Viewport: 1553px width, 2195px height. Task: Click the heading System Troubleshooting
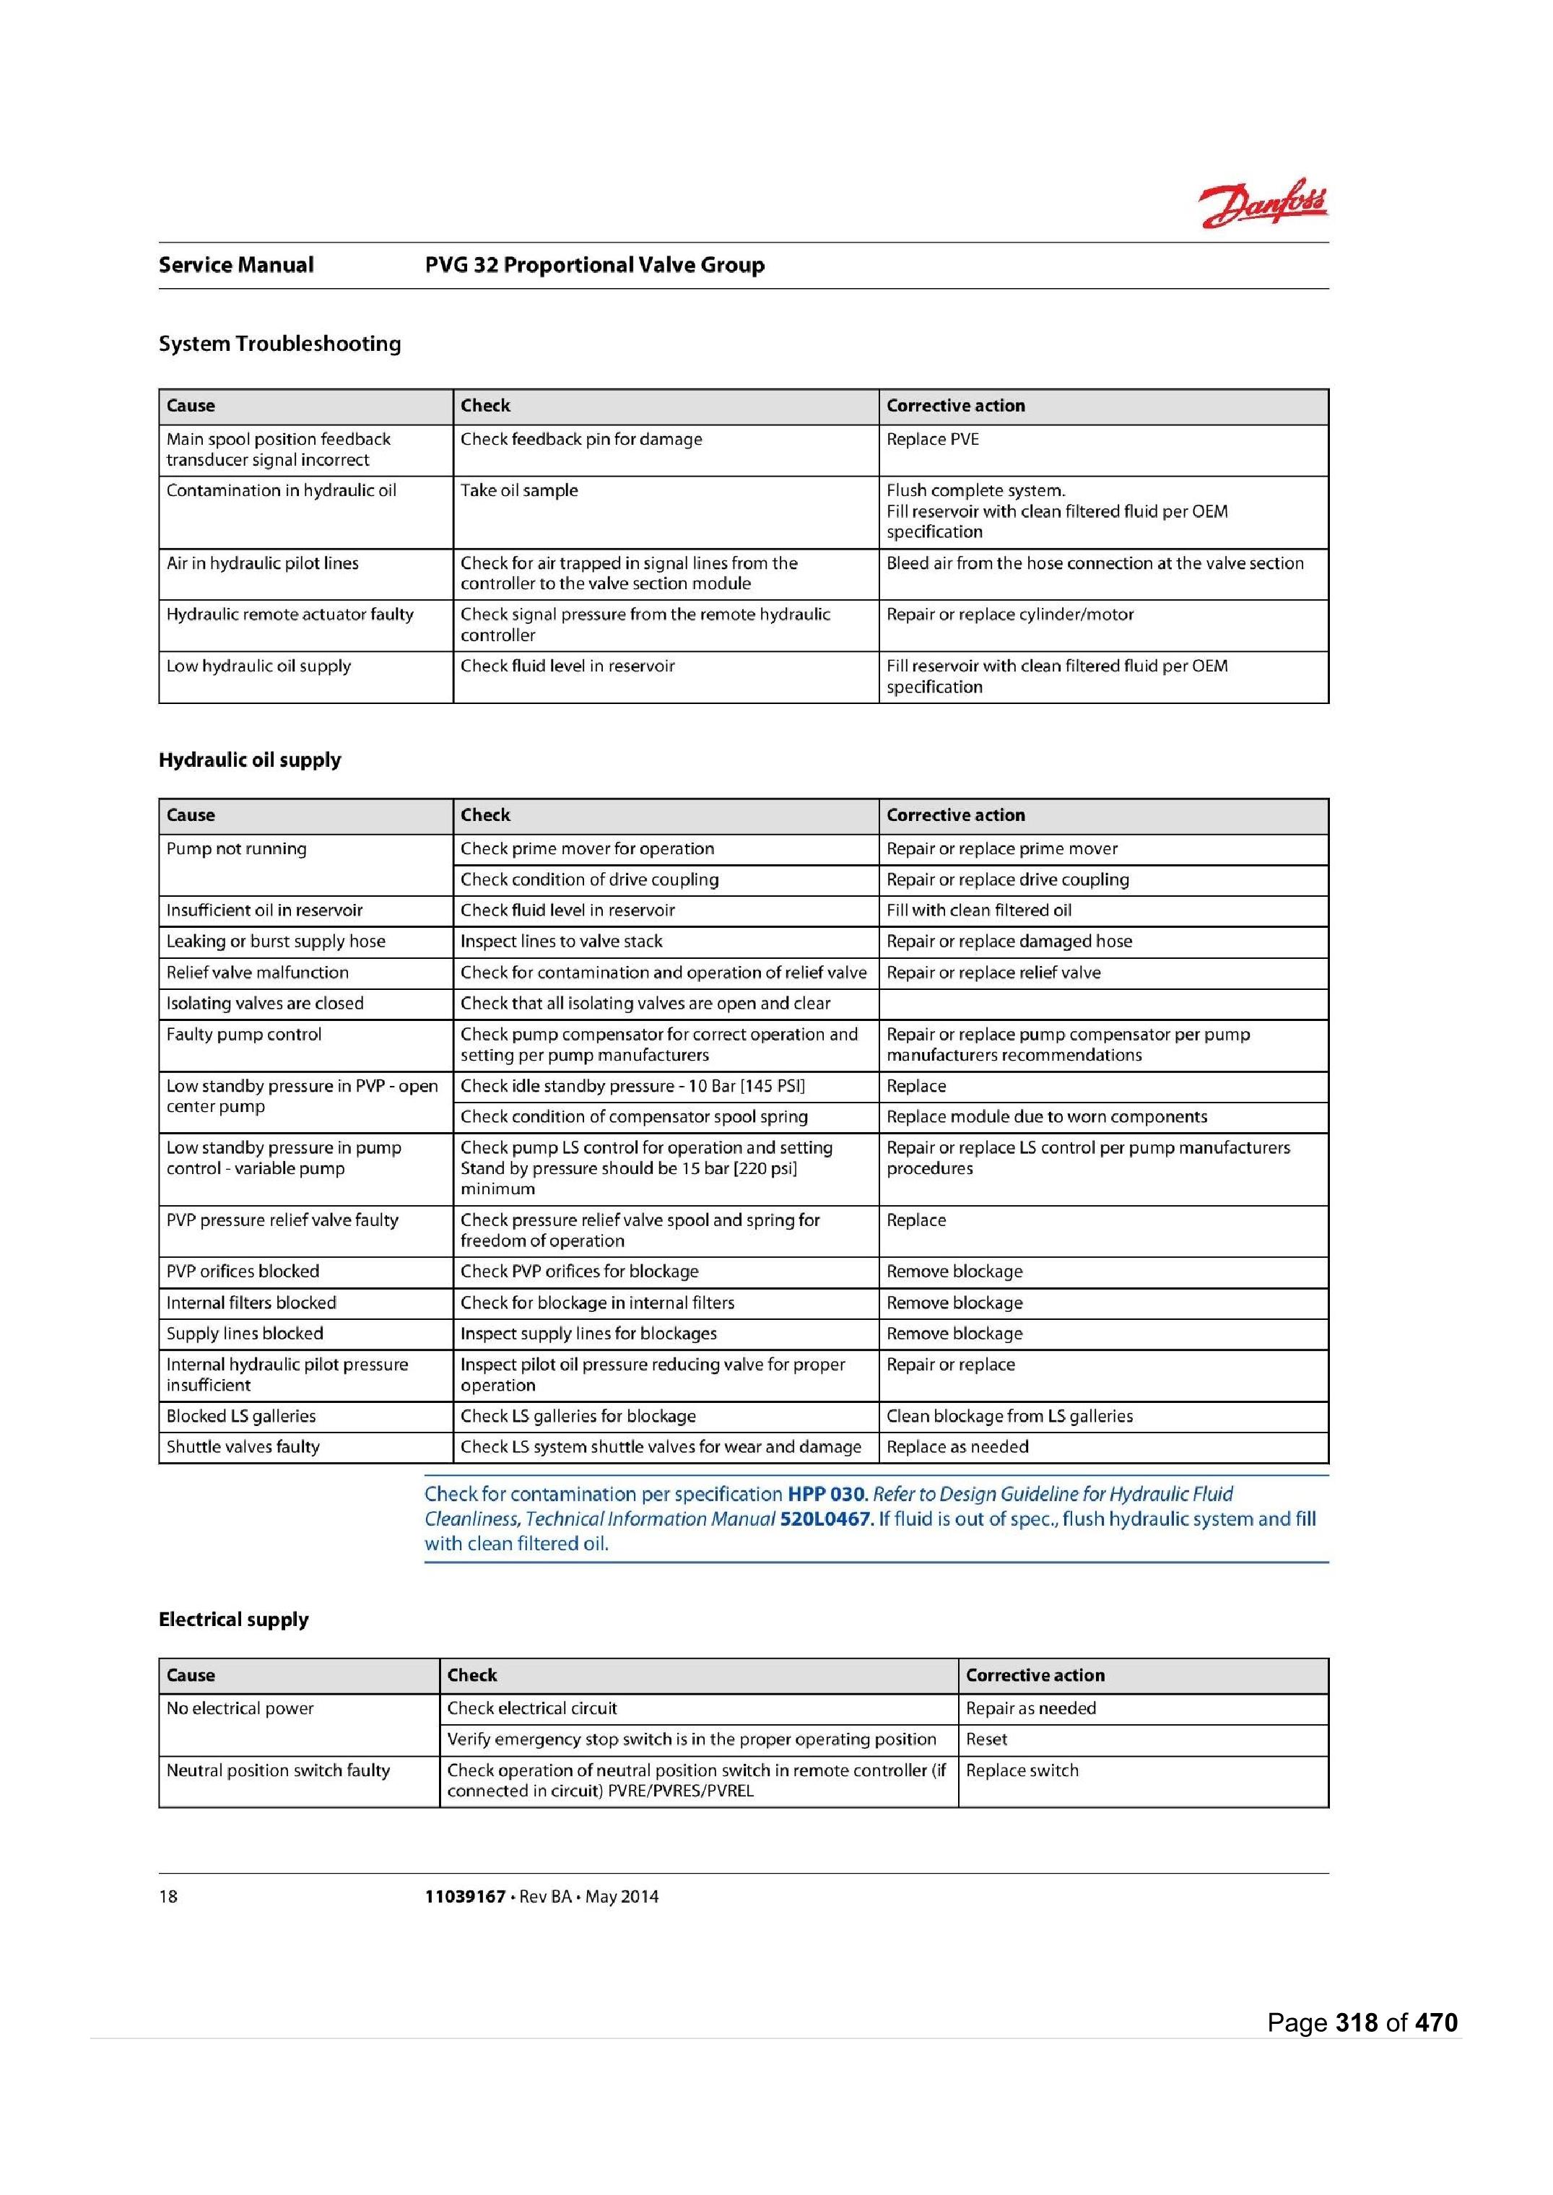point(279,344)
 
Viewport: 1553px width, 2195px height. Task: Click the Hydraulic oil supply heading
point(250,760)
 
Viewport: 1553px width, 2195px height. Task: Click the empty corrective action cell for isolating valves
point(1102,1004)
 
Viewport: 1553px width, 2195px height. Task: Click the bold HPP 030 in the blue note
point(827,1495)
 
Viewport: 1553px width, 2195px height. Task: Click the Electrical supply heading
point(233,1620)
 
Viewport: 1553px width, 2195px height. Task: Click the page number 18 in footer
point(168,1897)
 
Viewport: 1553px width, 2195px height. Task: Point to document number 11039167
point(465,1897)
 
